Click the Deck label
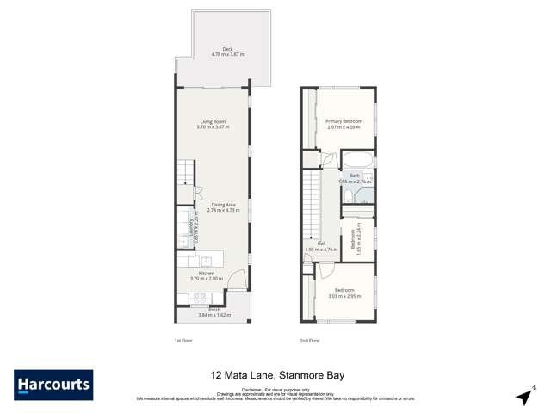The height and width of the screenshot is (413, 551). pyautogui.click(x=228, y=50)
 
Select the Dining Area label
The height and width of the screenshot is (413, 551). pyautogui.click(x=222, y=206)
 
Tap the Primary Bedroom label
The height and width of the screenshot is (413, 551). pyautogui.click(x=344, y=123)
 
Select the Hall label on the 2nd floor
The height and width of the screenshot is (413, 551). pyautogui.click(x=320, y=245)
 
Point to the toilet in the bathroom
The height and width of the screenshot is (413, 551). pyautogui.click(x=345, y=199)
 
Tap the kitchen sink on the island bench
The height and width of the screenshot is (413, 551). pyautogui.click(x=207, y=259)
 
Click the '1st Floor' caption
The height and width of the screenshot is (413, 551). pyautogui.click(x=182, y=341)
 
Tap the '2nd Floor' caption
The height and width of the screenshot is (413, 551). pyautogui.click(x=309, y=341)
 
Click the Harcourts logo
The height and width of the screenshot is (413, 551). pyautogui.click(x=53, y=385)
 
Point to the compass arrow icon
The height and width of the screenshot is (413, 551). pyautogui.click(x=522, y=396)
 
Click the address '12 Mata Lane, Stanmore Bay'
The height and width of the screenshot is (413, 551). pyautogui.click(x=275, y=375)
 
